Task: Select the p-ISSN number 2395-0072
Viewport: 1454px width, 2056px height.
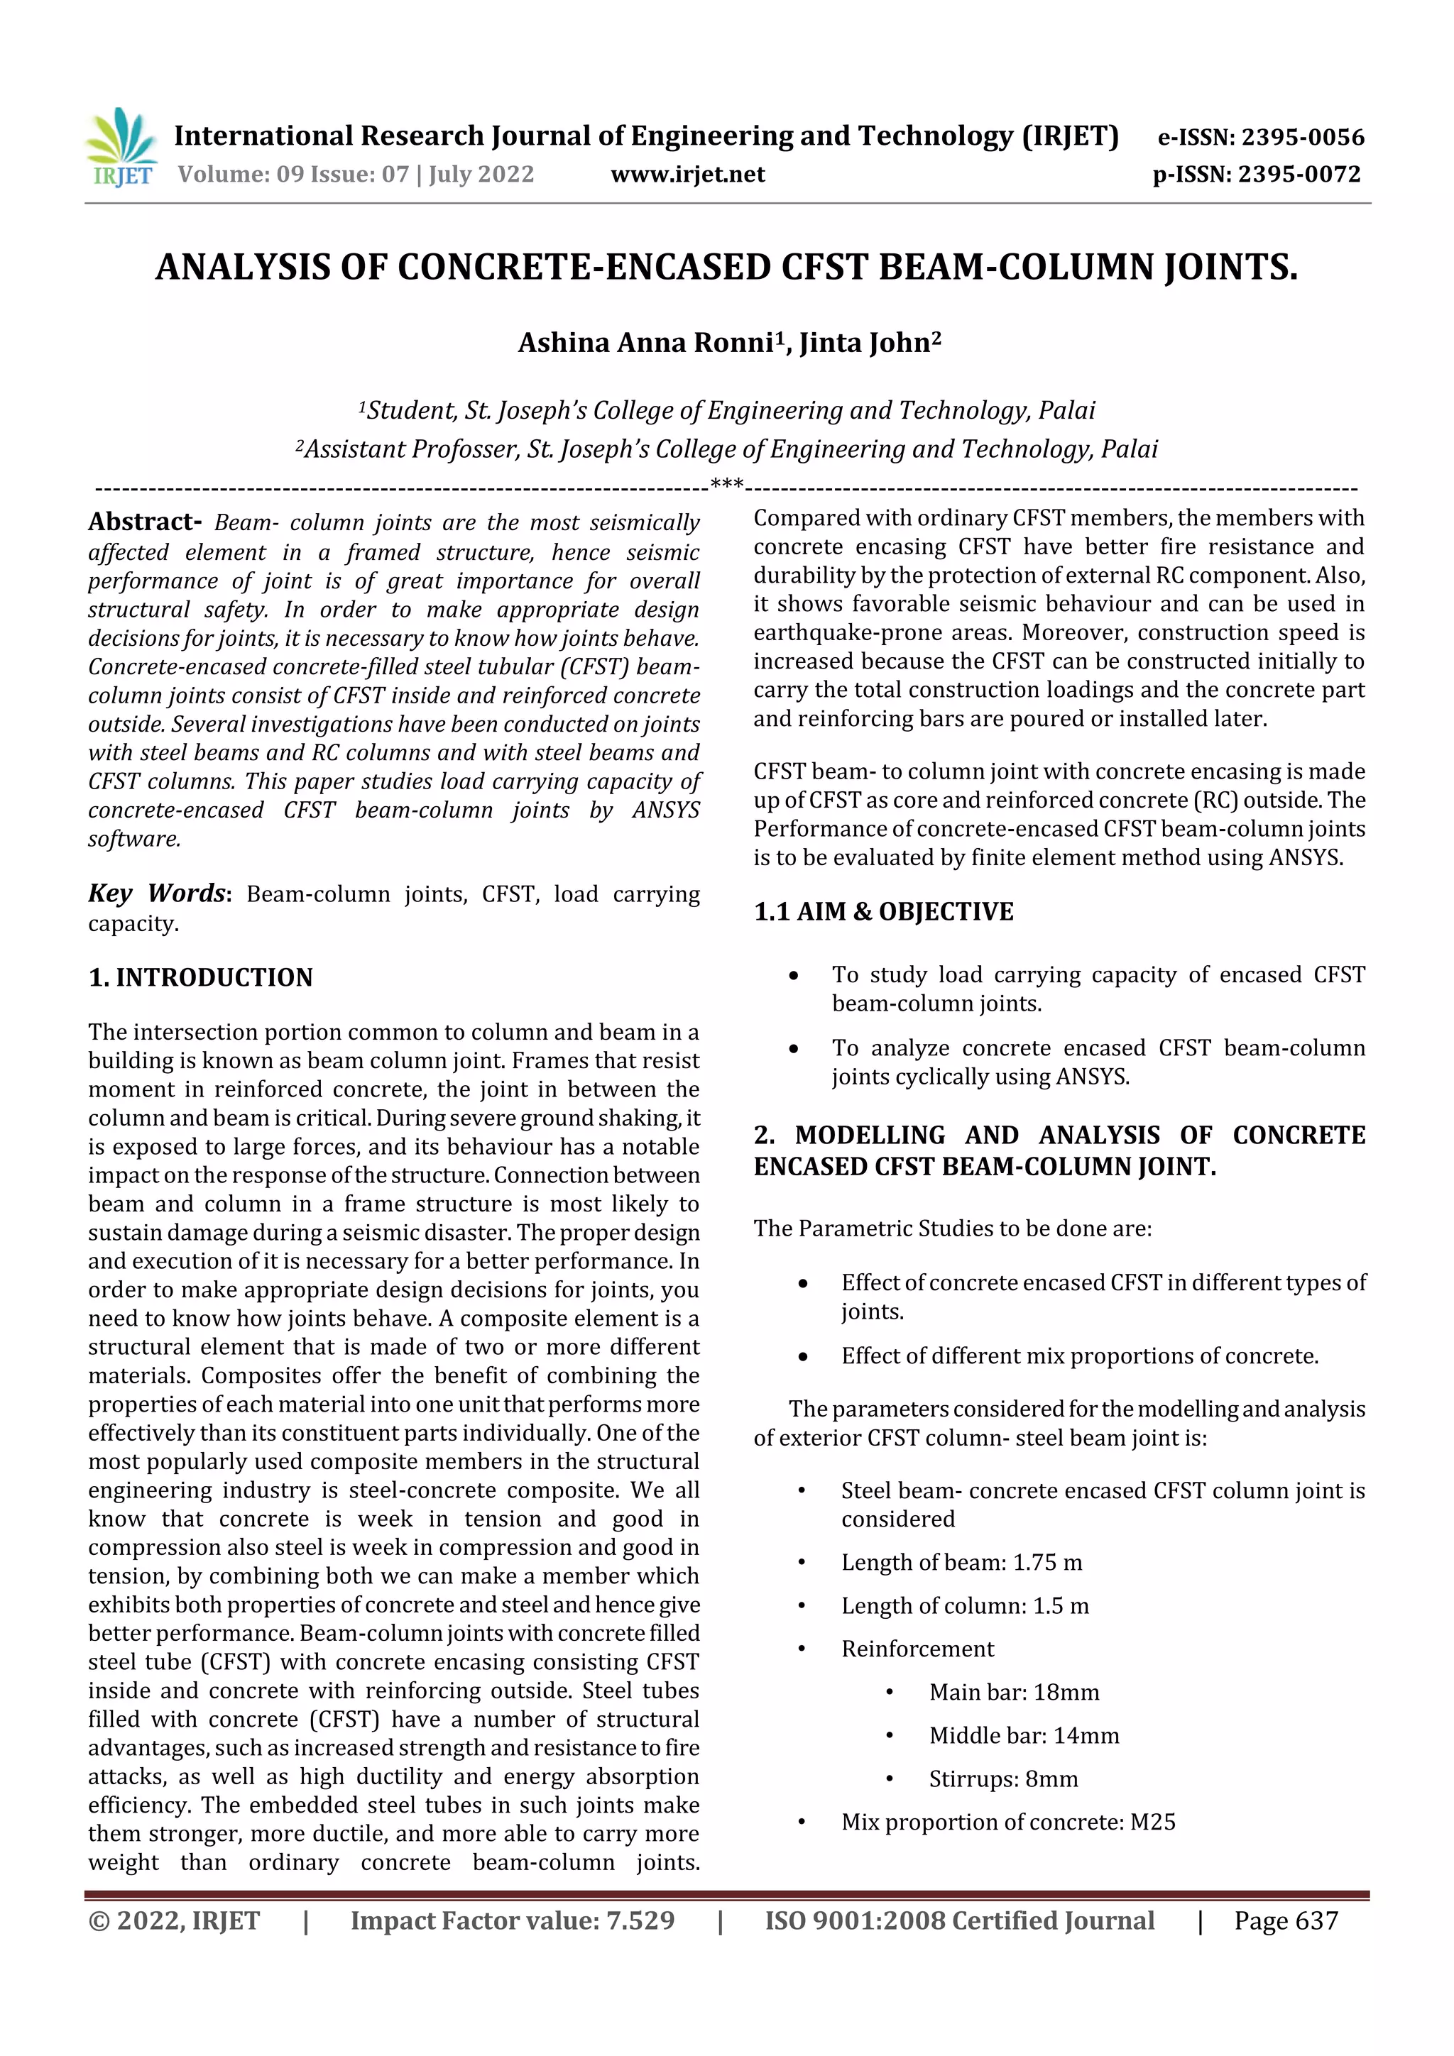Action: (1299, 174)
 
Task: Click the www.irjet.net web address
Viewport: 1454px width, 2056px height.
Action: (687, 174)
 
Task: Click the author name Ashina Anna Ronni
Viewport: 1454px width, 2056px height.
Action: (645, 343)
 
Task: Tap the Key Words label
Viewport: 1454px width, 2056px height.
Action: (157, 894)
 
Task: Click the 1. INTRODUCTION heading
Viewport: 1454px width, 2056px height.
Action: (201, 977)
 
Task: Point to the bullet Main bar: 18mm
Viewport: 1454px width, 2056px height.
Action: (1013, 1693)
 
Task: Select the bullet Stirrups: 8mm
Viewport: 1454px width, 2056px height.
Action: (1002, 1779)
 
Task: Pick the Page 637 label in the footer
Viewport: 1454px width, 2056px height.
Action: (1285, 1920)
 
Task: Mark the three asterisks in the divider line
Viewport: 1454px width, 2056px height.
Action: (726, 485)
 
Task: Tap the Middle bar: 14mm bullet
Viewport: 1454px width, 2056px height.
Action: (1023, 1735)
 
